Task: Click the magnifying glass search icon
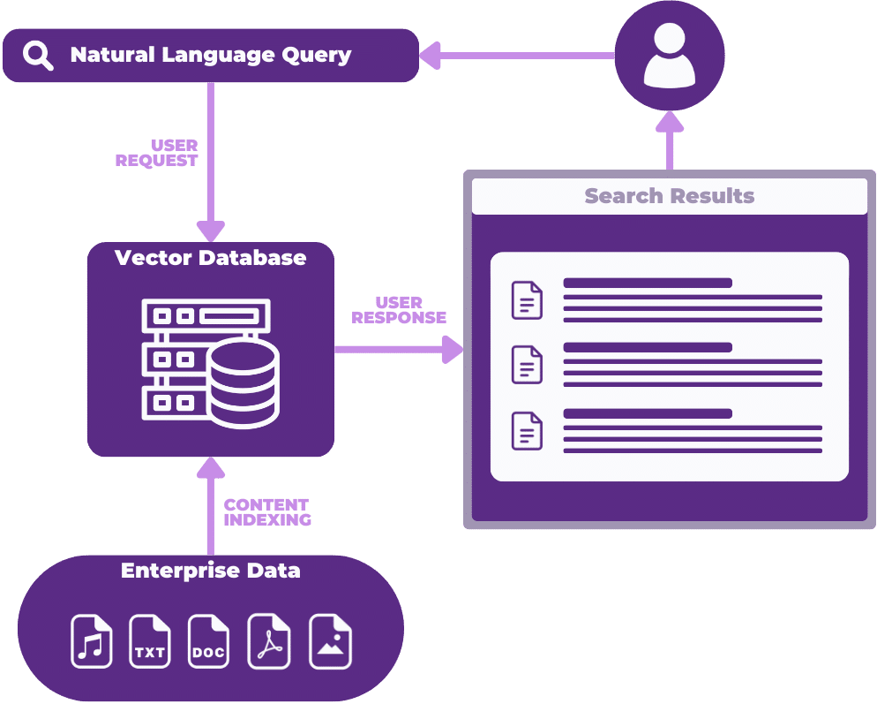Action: [x=38, y=56]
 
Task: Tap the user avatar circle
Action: [x=670, y=56]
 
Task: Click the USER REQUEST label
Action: [x=157, y=153]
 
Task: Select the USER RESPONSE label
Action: [x=399, y=310]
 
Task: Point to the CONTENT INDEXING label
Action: [x=267, y=512]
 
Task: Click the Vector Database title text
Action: [x=211, y=258]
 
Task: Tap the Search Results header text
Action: [x=670, y=196]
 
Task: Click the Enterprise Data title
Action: [x=211, y=571]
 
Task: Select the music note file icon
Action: [x=92, y=641]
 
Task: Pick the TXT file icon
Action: [x=150, y=641]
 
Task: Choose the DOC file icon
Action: [x=208, y=641]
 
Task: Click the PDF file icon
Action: [x=268, y=641]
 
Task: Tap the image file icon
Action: [x=330, y=641]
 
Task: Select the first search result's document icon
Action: [x=527, y=300]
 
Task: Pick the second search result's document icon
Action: [x=527, y=365]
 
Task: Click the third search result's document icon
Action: [x=527, y=431]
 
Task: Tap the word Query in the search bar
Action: [x=315, y=55]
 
